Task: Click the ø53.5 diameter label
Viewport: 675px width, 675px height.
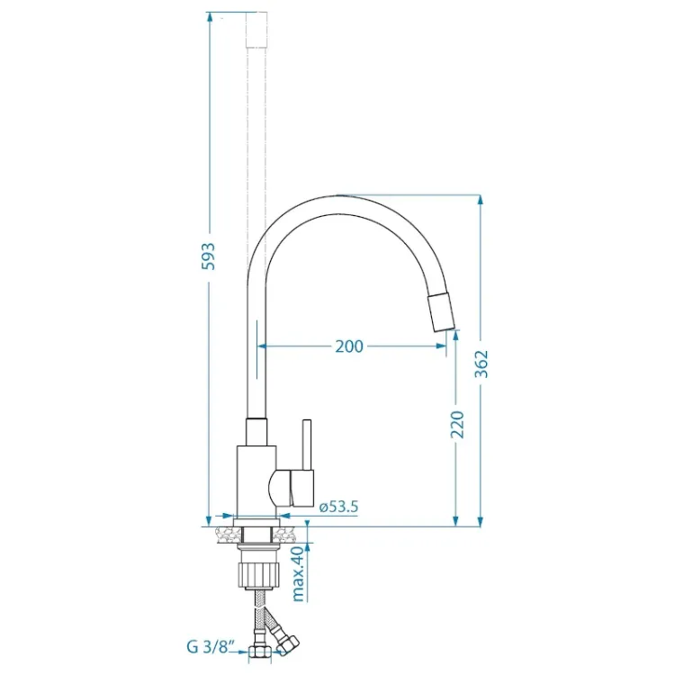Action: click(339, 507)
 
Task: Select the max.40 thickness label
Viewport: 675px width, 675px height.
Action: click(297, 573)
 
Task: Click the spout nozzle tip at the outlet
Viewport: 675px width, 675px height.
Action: click(443, 314)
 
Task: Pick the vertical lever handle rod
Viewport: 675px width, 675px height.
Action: click(306, 445)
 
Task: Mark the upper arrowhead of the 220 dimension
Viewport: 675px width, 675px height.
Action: click(456, 335)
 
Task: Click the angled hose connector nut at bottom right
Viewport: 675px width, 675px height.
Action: click(289, 641)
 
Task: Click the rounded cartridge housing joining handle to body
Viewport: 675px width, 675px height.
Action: click(282, 487)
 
